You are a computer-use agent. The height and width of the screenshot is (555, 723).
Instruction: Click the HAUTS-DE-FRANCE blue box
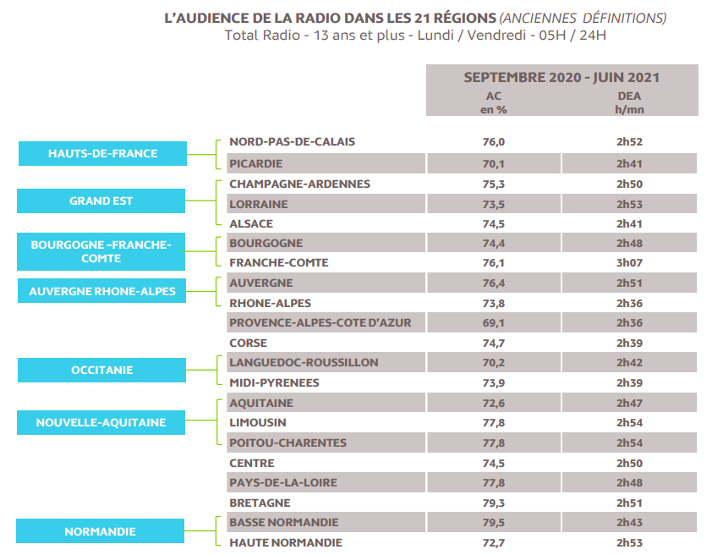pyautogui.click(x=102, y=153)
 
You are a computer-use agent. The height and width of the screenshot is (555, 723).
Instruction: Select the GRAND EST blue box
pyautogui.click(x=101, y=201)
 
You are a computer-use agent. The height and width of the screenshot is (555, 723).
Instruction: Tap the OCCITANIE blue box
pyautogui.click(x=101, y=370)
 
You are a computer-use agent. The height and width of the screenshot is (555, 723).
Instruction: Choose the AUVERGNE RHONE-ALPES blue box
pyautogui.click(x=102, y=291)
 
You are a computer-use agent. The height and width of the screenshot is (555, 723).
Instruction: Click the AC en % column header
pyautogui.click(x=494, y=102)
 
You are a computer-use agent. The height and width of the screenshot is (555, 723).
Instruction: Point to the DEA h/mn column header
pyautogui.click(x=629, y=102)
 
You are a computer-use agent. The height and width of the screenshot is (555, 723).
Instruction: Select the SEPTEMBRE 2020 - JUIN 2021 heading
pyautogui.click(x=561, y=77)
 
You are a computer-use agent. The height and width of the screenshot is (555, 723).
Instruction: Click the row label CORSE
pyautogui.click(x=248, y=343)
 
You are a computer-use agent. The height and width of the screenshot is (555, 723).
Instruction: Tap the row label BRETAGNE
pyautogui.click(x=260, y=503)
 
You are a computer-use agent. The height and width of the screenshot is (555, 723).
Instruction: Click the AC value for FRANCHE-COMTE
pyautogui.click(x=494, y=262)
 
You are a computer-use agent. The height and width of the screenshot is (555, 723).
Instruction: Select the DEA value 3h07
pyautogui.click(x=629, y=262)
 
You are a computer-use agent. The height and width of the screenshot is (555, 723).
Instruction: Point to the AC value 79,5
pyautogui.click(x=494, y=522)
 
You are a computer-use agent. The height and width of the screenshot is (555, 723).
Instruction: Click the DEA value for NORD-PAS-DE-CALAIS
pyautogui.click(x=629, y=142)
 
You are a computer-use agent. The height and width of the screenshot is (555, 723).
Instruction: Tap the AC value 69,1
pyautogui.click(x=494, y=322)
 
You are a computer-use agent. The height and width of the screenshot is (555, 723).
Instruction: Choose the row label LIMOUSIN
pyautogui.click(x=258, y=422)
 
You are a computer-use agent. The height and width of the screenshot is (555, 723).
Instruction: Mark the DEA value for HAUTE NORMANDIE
pyautogui.click(x=629, y=541)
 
